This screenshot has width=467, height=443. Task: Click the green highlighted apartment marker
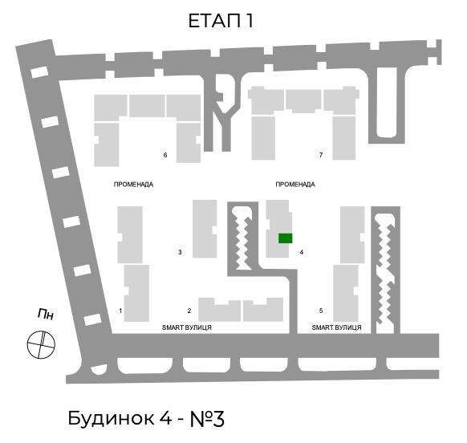coord(286,238)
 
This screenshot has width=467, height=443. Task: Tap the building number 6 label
coord(165,155)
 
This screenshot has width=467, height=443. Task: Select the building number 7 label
coord(321,155)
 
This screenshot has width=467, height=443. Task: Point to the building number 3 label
coord(180,252)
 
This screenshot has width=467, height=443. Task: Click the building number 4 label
coord(302,252)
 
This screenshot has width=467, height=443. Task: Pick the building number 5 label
coord(321,311)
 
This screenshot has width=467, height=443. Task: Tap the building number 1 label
coord(120,311)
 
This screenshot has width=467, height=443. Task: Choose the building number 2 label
coord(189,311)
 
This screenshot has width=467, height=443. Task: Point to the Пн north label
coord(46,315)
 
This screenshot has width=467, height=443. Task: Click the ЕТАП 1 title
coord(221,21)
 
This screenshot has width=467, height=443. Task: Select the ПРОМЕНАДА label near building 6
coord(133,185)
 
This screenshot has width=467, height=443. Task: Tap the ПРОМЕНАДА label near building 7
coord(295,185)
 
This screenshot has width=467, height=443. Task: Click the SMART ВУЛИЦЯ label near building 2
coord(187,327)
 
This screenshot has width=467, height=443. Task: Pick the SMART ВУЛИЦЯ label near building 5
coord(336,327)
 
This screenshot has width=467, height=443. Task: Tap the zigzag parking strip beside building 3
coord(244,238)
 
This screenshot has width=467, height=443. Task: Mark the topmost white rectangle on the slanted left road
coord(39,72)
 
